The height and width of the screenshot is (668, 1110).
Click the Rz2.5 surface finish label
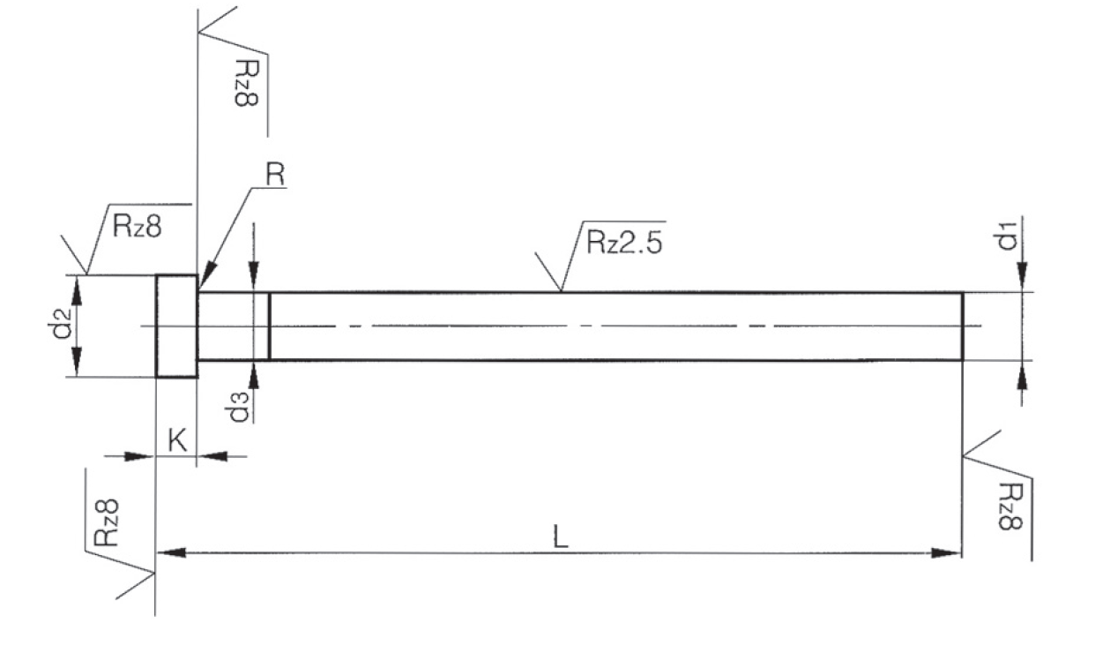624,243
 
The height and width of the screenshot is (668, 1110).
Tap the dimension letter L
560,537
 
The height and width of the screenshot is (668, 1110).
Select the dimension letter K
177,439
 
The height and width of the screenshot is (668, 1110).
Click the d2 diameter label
63,323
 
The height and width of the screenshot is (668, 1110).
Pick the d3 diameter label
238,407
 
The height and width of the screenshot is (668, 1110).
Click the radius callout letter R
276,175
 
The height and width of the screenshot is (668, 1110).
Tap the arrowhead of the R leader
207,275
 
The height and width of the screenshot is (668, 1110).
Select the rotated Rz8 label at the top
246,83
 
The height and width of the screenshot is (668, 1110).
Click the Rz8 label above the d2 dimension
137,226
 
